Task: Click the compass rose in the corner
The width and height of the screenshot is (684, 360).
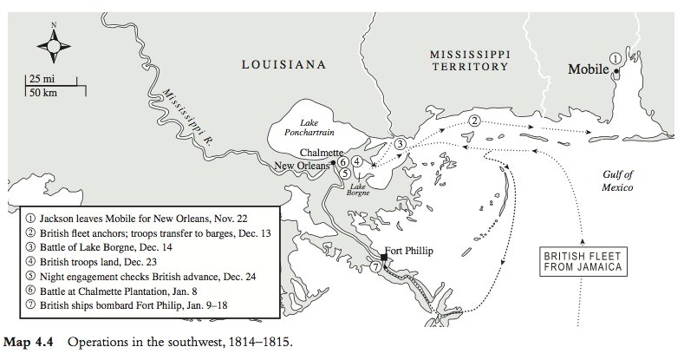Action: (53, 43)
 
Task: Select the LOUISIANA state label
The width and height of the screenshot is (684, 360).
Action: (283, 64)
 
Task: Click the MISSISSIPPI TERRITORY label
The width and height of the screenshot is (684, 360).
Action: (470, 61)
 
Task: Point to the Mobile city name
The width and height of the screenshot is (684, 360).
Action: (588, 69)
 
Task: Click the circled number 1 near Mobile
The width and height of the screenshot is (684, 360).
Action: (615, 57)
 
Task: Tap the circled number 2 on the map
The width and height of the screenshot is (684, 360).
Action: (474, 121)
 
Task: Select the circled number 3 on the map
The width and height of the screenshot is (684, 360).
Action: (400, 143)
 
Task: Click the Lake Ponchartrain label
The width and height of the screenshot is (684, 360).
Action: (309, 128)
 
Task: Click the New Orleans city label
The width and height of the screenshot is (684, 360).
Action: (302, 166)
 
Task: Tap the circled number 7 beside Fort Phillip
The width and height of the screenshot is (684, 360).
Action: (375, 268)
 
